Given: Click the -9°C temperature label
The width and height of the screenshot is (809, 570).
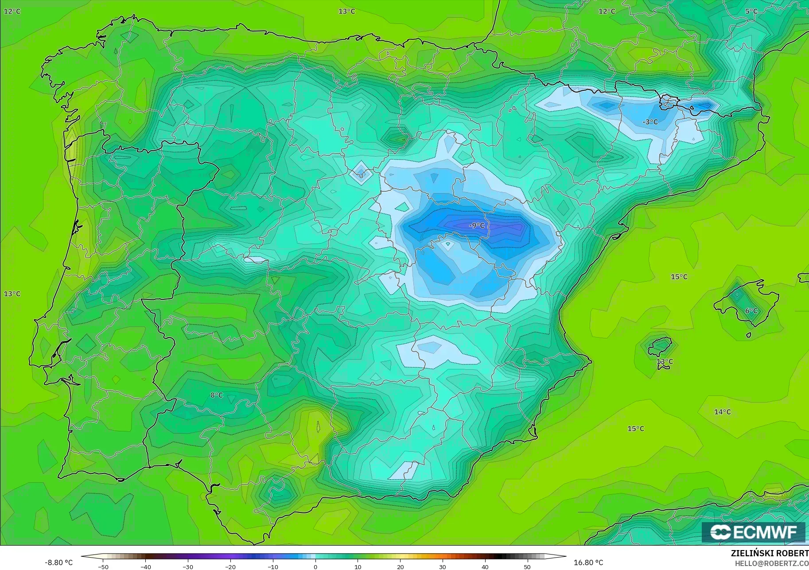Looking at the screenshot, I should (x=477, y=225).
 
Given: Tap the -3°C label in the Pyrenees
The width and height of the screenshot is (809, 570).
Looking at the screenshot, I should (x=650, y=122).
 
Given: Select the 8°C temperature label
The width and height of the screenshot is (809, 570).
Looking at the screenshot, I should (x=217, y=395).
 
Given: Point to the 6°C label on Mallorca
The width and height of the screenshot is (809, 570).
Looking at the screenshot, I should (x=751, y=311).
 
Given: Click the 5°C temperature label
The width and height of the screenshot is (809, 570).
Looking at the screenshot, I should (x=751, y=11).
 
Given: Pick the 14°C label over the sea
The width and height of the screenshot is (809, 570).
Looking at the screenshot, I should (x=722, y=412).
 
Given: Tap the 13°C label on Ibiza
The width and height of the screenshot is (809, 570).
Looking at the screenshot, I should (x=665, y=362).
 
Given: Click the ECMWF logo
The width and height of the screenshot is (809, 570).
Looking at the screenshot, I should (x=753, y=532).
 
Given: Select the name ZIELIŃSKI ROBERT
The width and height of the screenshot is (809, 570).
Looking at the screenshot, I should (x=770, y=554).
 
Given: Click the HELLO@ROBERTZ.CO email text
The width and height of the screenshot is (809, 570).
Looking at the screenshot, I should (x=772, y=563).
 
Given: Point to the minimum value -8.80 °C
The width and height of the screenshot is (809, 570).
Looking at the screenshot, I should (x=58, y=562).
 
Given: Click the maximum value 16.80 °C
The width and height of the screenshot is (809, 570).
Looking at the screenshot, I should (x=588, y=562).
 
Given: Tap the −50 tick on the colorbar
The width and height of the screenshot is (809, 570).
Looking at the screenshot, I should (x=103, y=566).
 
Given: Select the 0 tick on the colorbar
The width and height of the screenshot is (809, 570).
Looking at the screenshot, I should (x=315, y=566).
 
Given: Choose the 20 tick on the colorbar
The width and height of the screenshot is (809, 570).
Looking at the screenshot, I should (x=401, y=566).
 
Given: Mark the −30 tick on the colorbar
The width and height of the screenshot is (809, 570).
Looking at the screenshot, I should (x=188, y=566).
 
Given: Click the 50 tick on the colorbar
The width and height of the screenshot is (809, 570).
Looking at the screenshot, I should (x=527, y=566).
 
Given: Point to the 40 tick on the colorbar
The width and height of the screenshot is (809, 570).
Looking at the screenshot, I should (x=485, y=566).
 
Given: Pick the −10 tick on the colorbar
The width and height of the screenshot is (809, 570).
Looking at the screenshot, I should (x=273, y=566).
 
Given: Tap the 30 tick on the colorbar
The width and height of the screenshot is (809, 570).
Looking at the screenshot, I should (x=443, y=566).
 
